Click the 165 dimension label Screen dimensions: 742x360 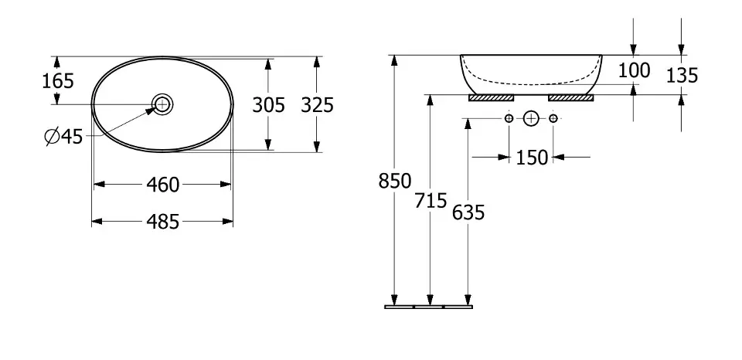click(58, 81)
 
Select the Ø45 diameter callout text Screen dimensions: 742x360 click(63, 137)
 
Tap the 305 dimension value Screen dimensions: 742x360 click(268, 104)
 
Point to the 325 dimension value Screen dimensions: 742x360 click(318, 104)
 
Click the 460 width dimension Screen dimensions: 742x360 click(162, 185)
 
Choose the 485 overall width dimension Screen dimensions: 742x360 click(162, 222)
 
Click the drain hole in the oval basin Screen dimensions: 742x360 click(162, 104)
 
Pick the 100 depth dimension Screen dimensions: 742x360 click(634, 70)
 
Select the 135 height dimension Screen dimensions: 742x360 click(682, 76)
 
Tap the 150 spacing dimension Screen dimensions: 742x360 click(532, 158)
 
